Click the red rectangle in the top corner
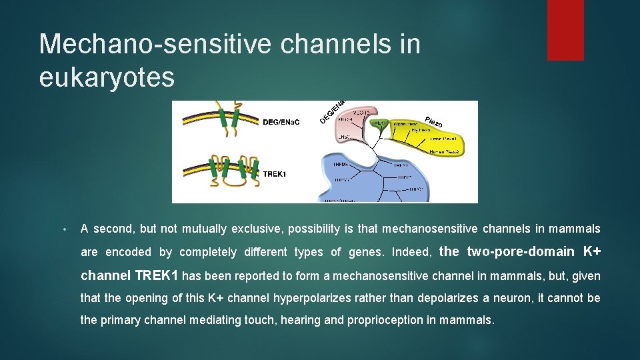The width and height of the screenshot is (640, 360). [x=565, y=30]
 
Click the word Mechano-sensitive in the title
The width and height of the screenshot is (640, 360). [x=156, y=44]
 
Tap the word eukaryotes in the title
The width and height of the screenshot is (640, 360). [x=107, y=77]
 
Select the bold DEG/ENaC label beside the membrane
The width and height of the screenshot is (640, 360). [x=281, y=122]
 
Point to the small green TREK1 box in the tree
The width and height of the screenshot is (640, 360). [x=379, y=123]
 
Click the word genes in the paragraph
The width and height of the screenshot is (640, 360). [x=367, y=253]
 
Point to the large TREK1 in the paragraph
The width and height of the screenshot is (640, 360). [x=157, y=275]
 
